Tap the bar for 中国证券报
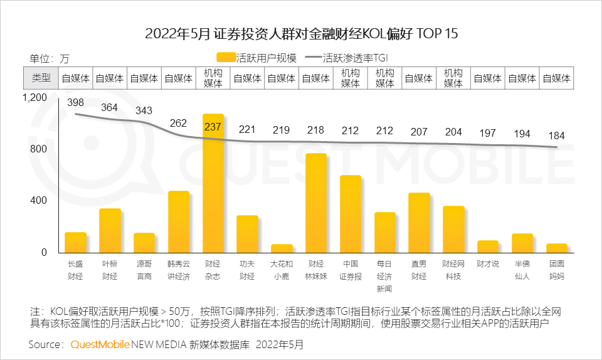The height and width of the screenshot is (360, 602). click(x=351, y=214)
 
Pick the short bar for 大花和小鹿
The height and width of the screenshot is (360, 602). click(x=282, y=248)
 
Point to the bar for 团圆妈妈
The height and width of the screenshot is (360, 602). click(x=556, y=248)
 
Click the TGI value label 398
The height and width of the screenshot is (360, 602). click(x=75, y=103)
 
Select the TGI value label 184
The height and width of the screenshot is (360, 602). click(x=556, y=136)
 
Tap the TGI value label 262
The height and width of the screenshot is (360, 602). click(x=179, y=123)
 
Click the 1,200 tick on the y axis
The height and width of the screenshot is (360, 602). click(x=34, y=98)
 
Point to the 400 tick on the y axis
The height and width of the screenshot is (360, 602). click(x=40, y=201)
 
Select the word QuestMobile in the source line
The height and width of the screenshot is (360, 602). click(x=100, y=344)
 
